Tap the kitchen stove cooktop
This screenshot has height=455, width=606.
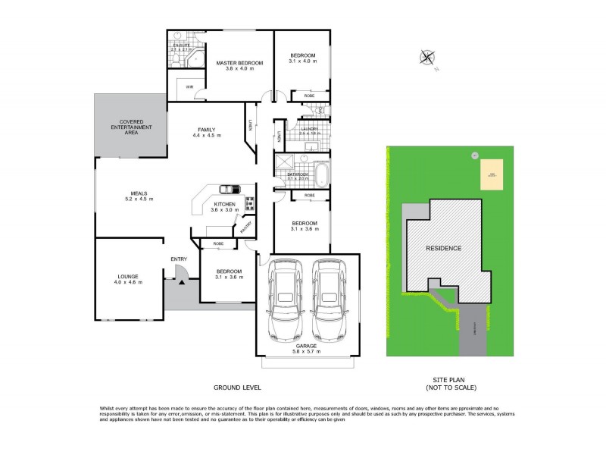click(249, 203)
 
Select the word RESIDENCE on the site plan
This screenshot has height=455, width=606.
click(443, 248)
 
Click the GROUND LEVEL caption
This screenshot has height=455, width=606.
click(237, 388)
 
